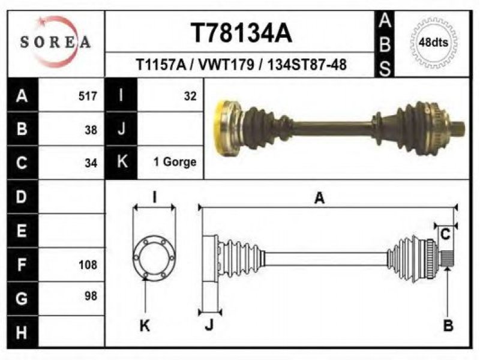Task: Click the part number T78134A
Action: pyautogui.click(x=241, y=34)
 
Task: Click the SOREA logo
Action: pyautogui.click(x=55, y=42)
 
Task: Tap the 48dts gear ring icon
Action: pyautogui.click(x=434, y=43)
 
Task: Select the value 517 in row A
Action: pyautogui.click(x=88, y=96)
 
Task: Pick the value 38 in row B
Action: pyautogui.click(x=91, y=130)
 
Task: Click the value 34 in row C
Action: pyautogui.click(x=91, y=163)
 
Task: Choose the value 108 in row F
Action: pyautogui.click(x=88, y=265)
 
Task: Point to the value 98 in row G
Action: pyautogui.click(x=91, y=296)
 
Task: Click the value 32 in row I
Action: pyautogui.click(x=190, y=96)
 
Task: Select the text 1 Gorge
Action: pyautogui.click(x=175, y=161)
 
